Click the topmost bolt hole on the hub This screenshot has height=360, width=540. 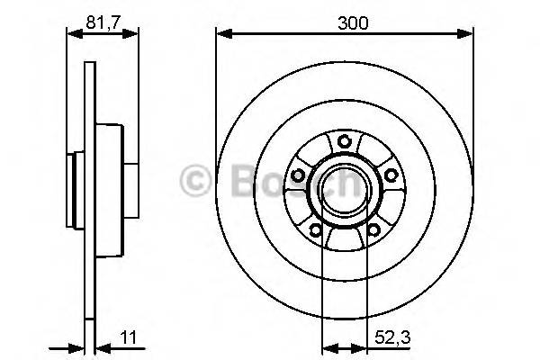coord(344,139)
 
